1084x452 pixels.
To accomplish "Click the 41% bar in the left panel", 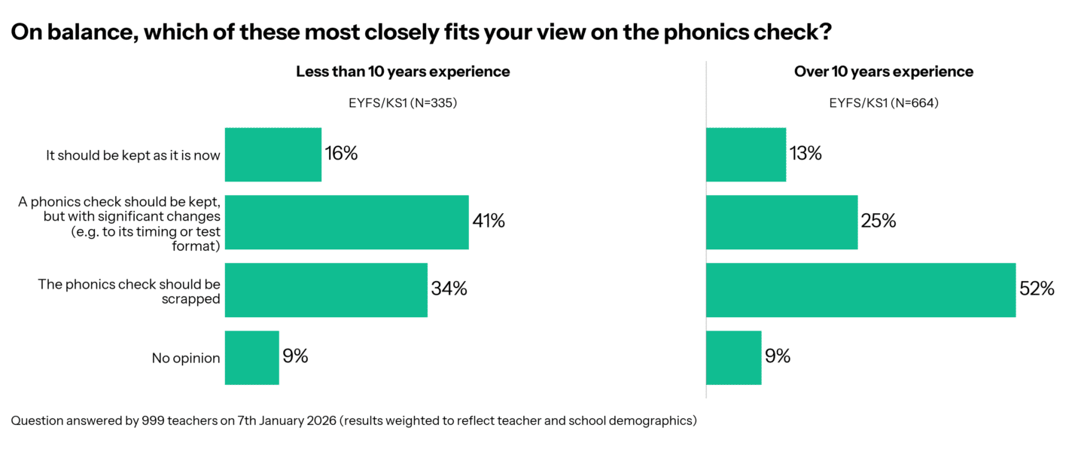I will pyautogui.click(x=346, y=222).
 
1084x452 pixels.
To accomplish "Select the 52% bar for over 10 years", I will pyautogui.click(x=860, y=290).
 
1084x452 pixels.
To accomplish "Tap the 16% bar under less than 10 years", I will pyautogui.click(x=273, y=154).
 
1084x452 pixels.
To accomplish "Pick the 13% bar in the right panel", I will pyautogui.click(x=746, y=154).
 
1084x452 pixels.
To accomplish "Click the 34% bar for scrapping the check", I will pyautogui.click(x=326, y=290).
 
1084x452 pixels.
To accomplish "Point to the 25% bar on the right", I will pyautogui.click(x=781, y=222).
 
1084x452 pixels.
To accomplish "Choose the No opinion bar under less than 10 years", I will pyautogui.click(x=252, y=358).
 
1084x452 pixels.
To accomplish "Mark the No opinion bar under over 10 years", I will pyautogui.click(x=733, y=358).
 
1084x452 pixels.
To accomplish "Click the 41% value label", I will pyautogui.click(x=489, y=221).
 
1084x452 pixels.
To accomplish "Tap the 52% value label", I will pyautogui.click(x=1037, y=289).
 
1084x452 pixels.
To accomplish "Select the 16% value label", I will pyautogui.click(x=341, y=154).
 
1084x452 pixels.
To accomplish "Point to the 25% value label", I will pyautogui.click(x=878, y=221).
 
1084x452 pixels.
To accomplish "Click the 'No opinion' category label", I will pyautogui.click(x=186, y=359).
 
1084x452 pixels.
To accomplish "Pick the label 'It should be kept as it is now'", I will pyautogui.click(x=133, y=156).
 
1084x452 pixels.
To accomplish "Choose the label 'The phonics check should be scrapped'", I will pyautogui.click(x=129, y=291).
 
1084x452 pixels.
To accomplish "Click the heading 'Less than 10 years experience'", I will pyautogui.click(x=403, y=72).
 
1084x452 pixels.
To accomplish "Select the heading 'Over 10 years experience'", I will pyautogui.click(x=884, y=72).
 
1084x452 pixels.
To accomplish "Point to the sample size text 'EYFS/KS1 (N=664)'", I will pyautogui.click(x=884, y=103).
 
